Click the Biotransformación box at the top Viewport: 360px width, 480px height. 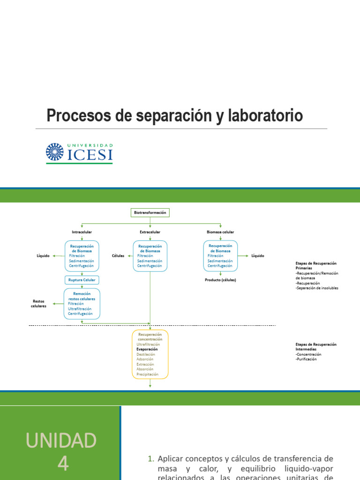(x=150, y=212)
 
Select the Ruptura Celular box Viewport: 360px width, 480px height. (x=82, y=280)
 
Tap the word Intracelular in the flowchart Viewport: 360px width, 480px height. (x=82, y=232)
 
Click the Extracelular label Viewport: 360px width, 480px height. (x=150, y=232)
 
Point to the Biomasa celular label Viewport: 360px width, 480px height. (x=220, y=232)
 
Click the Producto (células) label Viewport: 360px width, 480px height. (x=220, y=280)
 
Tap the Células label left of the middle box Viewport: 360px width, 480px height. (x=118, y=256)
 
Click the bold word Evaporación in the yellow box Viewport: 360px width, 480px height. (x=147, y=349)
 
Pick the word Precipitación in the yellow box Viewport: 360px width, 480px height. (x=147, y=375)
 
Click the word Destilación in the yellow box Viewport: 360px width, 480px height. (x=146, y=354)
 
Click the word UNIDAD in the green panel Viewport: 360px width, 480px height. (x=61, y=441)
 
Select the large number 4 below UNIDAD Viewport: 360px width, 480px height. (x=63, y=464)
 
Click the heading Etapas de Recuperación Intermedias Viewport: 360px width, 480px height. (x=316, y=346)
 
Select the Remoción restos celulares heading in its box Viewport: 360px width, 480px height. (x=82, y=296)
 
